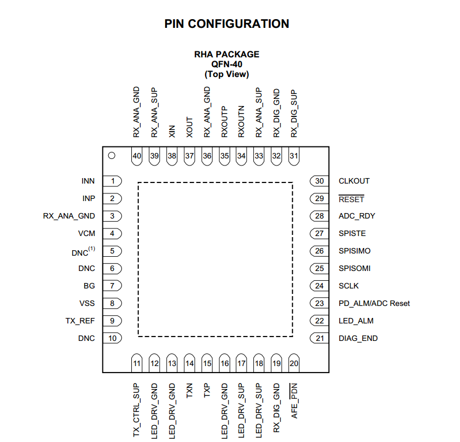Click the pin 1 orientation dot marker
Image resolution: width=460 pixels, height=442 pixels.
(x=112, y=156)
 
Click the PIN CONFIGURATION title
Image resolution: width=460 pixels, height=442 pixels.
(x=226, y=24)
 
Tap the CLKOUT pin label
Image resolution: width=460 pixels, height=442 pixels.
(x=354, y=181)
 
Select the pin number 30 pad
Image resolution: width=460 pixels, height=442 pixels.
(x=319, y=181)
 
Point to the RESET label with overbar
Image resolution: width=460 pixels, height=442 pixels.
(x=351, y=199)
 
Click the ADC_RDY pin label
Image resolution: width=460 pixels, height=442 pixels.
(x=357, y=216)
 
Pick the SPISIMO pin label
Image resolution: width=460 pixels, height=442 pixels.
(x=354, y=251)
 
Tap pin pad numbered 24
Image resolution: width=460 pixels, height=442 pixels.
(x=319, y=286)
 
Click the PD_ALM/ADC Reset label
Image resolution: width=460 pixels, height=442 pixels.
(x=374, y=303)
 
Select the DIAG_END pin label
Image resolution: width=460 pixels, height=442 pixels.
(x=358, y=338)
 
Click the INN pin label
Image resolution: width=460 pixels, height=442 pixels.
(x=88, y=181)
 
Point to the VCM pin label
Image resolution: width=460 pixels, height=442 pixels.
(x=86, y=233)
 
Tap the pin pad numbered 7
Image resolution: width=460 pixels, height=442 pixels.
(x=113, y=286)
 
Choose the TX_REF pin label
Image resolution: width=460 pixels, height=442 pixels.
(x=80, y=321)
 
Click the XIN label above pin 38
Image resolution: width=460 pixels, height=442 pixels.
(x=172, y=130)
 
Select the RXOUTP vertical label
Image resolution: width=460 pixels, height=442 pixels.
(x=224, y=121)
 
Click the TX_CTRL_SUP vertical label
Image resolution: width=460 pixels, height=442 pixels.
(x=137, y=410)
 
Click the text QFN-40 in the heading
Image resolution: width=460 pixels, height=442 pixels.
(x=226, y=64)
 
